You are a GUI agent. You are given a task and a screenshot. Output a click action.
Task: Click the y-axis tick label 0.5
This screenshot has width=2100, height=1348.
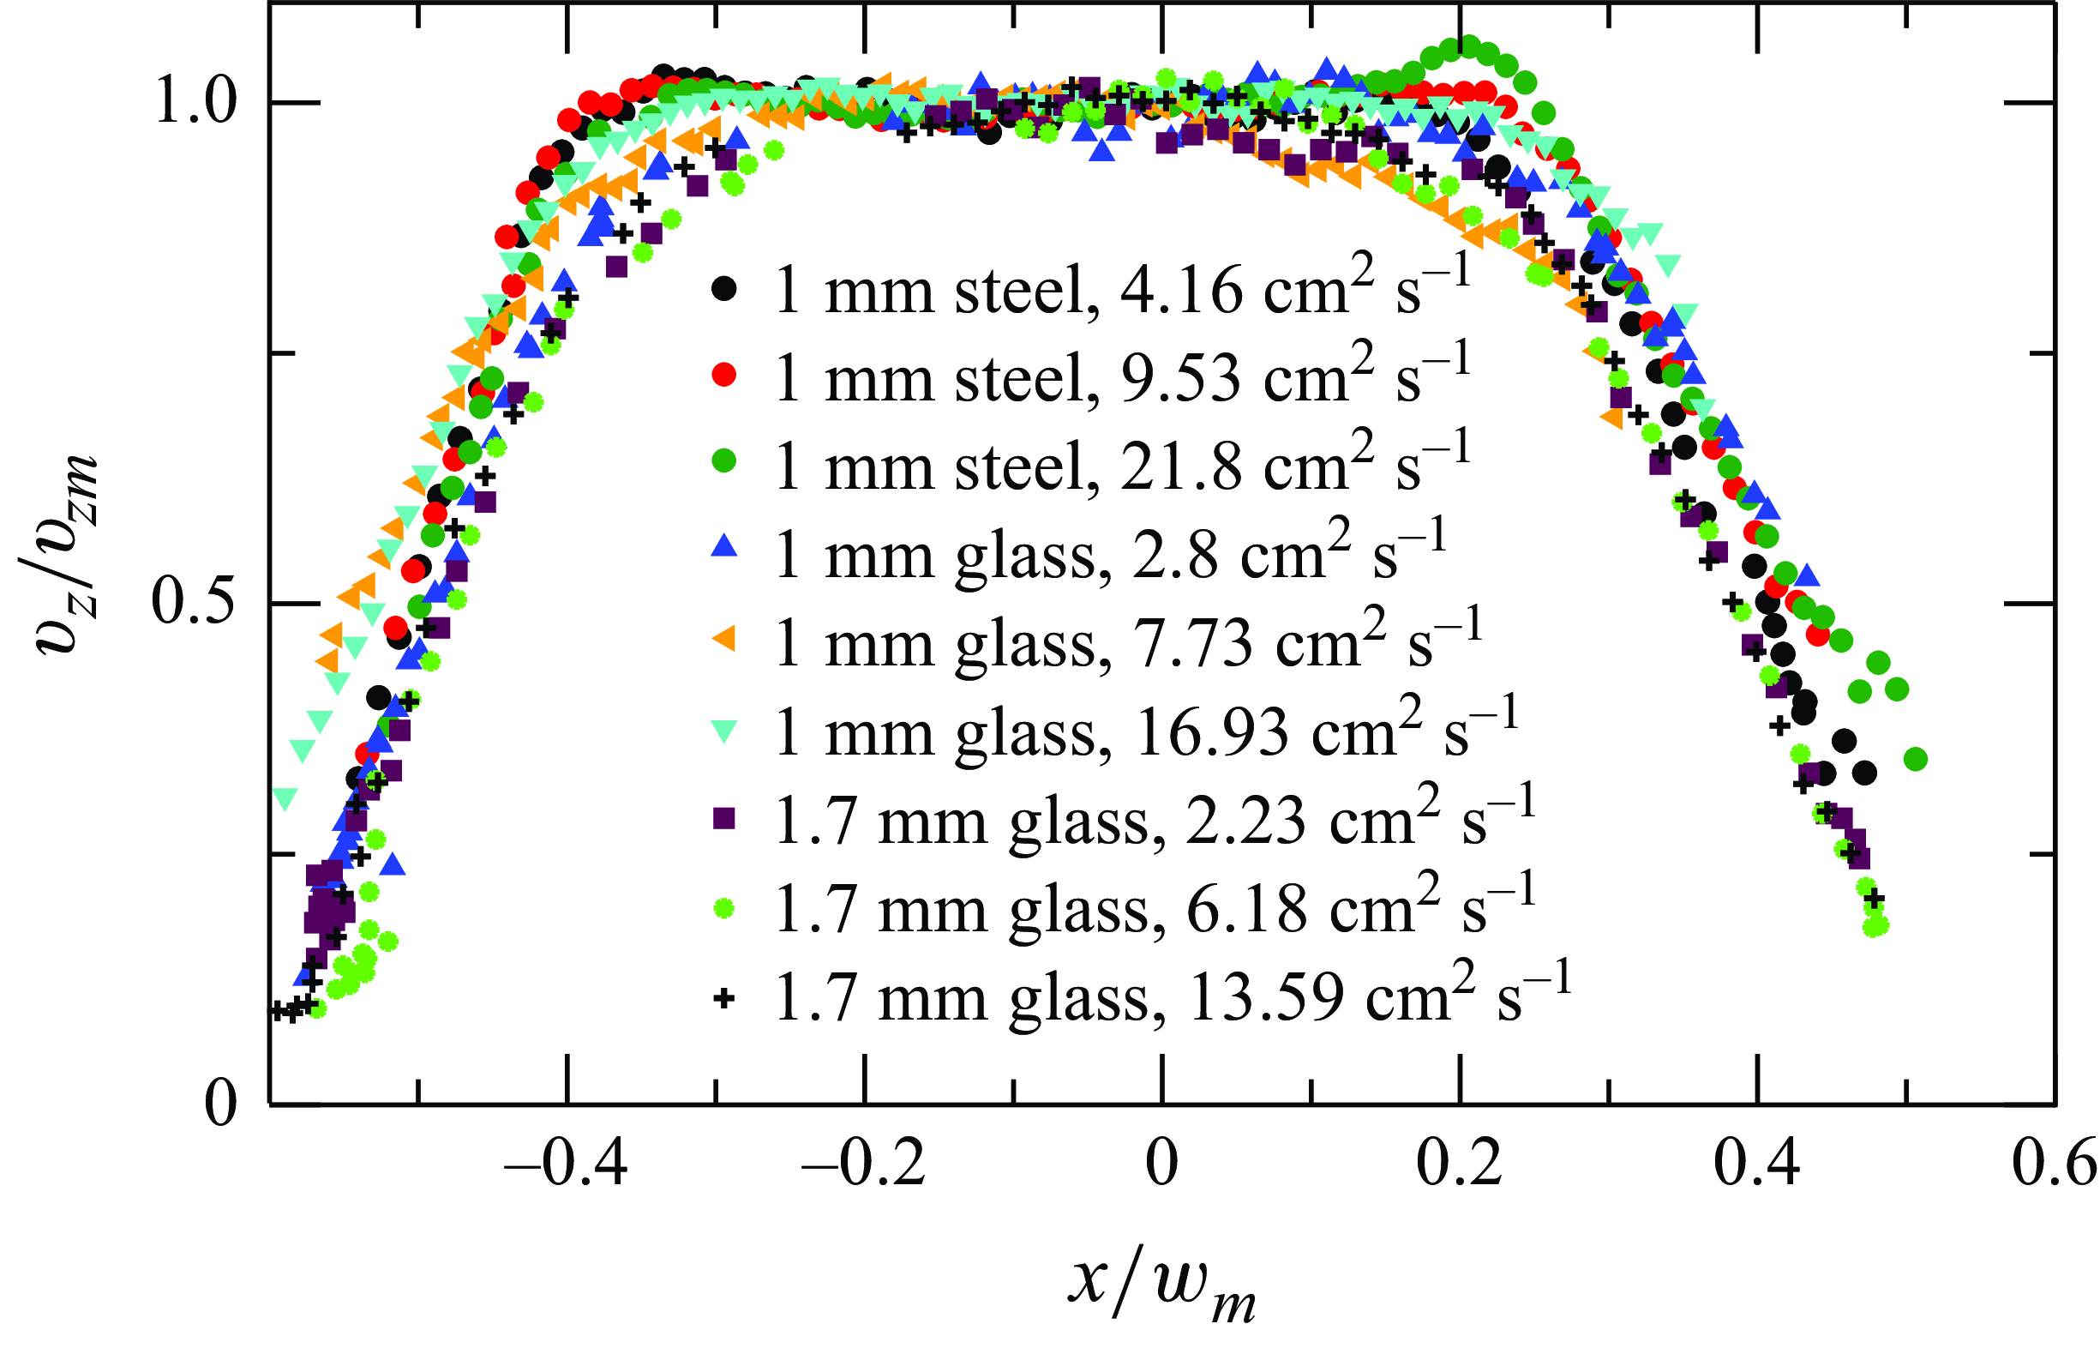[194, 602]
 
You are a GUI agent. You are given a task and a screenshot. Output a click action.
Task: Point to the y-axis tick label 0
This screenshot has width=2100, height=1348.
[220, 1104]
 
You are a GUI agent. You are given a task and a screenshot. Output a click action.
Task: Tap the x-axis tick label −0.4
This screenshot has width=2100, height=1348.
[566, 1165]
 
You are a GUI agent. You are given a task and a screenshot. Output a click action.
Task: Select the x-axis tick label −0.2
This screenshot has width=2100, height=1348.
[864, 1165]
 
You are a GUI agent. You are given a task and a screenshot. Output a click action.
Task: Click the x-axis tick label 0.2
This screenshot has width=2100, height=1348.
[1459, 1165]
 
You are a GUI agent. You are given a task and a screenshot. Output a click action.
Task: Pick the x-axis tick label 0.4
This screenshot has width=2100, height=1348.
[1756, 1165]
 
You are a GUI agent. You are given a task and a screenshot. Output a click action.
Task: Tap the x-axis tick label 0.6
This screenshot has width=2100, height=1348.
[2053, 1165]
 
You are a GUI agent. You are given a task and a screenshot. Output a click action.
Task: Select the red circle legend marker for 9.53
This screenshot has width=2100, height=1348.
[723, 376]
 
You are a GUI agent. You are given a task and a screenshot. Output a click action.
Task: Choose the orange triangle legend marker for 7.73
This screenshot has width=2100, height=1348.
[723, 640]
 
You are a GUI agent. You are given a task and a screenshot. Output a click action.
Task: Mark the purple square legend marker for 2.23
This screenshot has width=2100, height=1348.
[723, 818]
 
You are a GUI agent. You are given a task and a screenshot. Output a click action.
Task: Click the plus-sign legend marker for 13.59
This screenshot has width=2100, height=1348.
[723, 999]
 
